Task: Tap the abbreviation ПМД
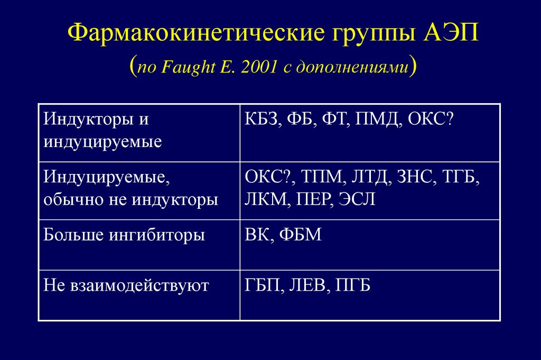click(x=377, y=119)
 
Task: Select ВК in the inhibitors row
click(x=258, y=234)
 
